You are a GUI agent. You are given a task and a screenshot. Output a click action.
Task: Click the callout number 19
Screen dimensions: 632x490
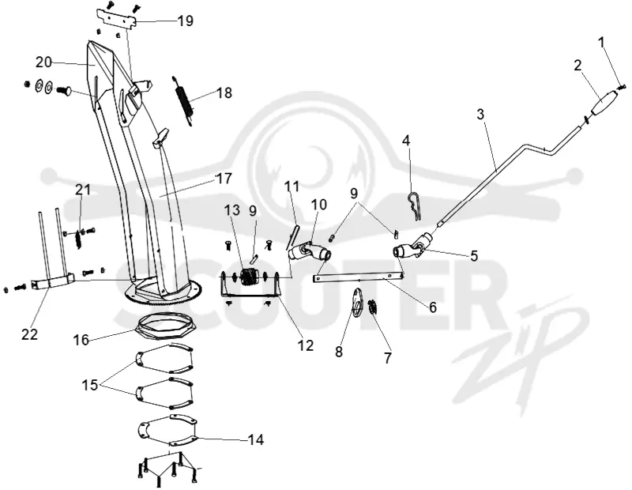pos(186,21)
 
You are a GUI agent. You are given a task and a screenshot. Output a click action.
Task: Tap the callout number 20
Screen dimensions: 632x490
pos(44,62)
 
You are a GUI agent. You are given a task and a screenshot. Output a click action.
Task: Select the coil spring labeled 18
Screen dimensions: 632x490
pos(184,101)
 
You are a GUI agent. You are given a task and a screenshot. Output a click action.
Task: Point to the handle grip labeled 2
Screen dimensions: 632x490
pos(603,104)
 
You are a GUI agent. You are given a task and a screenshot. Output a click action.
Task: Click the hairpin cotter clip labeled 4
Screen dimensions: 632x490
pos(414,205)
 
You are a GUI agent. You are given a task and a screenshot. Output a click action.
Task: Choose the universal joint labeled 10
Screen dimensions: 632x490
pos(310,251)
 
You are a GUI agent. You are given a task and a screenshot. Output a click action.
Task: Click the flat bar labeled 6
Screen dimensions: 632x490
pos(358,277)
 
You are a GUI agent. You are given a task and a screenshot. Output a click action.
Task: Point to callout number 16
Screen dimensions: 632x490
pos(81,340)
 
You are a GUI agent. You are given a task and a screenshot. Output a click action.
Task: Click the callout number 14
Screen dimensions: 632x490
pos(255,439)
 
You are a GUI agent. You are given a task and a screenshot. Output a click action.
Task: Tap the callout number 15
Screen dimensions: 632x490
pos(90,385)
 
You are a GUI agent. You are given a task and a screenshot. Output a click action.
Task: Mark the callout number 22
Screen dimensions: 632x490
pos(29,334)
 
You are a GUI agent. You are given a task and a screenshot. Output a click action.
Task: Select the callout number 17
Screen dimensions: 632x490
pos(224,178)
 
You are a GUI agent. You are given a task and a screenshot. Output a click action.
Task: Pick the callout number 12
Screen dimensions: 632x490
pos(305,345)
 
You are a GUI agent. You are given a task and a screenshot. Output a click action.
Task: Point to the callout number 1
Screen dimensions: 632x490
pos(602,42)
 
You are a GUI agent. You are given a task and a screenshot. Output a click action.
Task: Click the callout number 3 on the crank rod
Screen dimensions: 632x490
pos(480,114)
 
